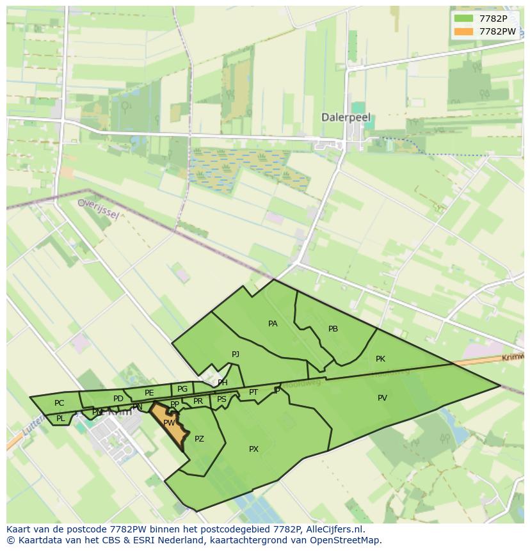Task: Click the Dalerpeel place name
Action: (346, 118)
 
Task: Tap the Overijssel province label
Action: (98, 208)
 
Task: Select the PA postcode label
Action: (273, 324)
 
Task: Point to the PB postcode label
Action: (333, 329)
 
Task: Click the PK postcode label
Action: (380, 359)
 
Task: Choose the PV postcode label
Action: (382, 398)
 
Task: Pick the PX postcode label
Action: (253, 449)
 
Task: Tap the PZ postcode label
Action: (199, 439)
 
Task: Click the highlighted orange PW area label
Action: (169, 423)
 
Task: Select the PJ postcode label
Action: (236, 354)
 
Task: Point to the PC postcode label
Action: (59, 403)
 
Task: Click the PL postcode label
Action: (60, 419)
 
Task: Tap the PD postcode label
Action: (118, 399)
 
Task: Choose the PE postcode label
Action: (149, 393)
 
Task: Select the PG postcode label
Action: (182, 389)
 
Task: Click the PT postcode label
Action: (253, 392)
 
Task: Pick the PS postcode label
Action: (221, 399)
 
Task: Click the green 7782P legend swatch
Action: (463, 19)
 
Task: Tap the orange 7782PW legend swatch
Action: (463, 31)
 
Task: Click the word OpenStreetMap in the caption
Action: (348, 540)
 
